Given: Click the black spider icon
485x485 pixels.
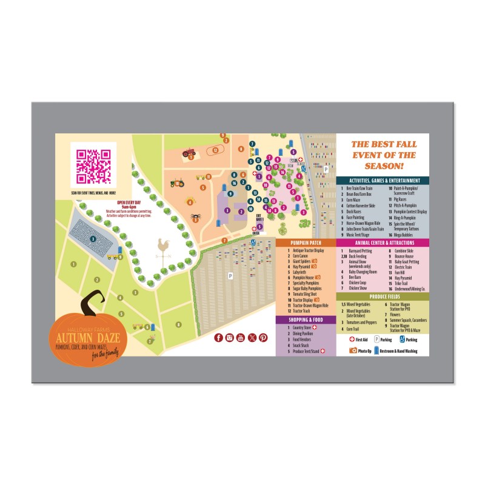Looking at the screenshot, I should (196, 216).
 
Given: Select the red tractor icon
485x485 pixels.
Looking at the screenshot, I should (189, 153).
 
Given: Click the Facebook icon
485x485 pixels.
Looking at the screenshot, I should (219, 338).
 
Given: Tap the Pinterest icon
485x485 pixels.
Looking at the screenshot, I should (263, 338).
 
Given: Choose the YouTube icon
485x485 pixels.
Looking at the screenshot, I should (241, 338).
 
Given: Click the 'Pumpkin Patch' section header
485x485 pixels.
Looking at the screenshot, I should (306, 242).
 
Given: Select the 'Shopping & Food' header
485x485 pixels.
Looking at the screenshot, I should (306, 319).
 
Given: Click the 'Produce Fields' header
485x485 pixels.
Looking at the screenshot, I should (383, 296).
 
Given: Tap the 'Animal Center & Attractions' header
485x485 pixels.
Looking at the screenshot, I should (383, 242).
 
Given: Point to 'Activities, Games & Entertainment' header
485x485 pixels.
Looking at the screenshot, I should (383, 181).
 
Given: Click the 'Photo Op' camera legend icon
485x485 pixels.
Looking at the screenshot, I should (352, 350).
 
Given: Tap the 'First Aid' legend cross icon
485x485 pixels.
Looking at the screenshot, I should (352, 340).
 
